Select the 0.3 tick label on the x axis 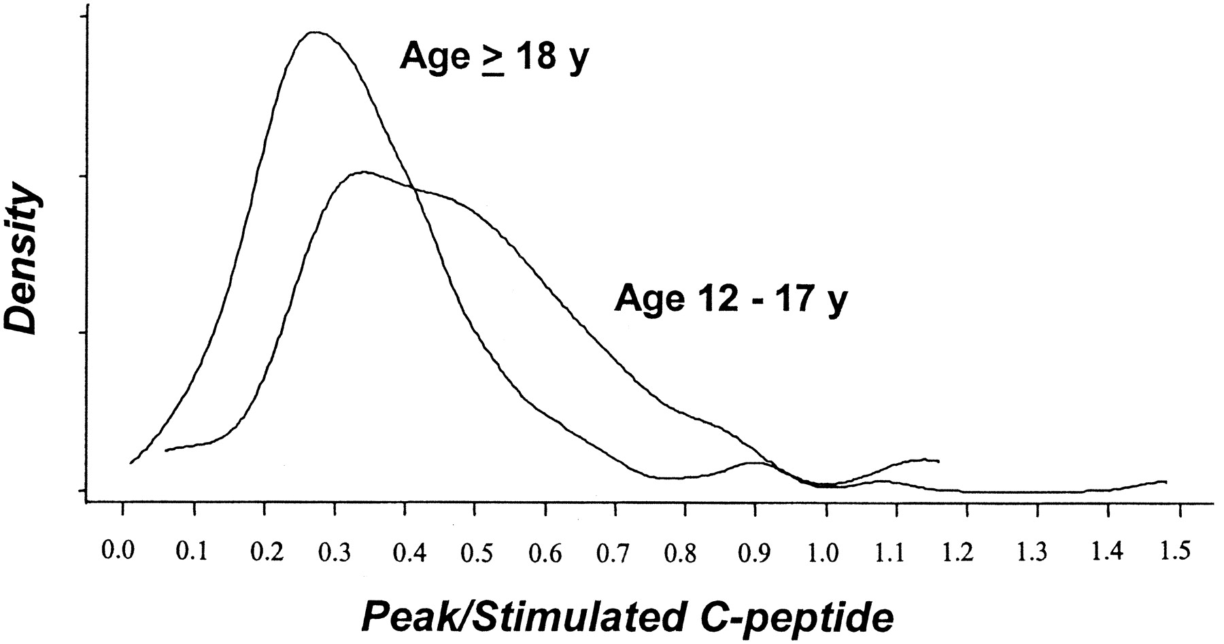[x=335, y=552]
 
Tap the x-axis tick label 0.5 [x=475, y=552]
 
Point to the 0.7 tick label [x=615, y=552]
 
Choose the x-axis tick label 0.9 [x=755, y=552]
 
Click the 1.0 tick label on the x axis [x=825, y=552]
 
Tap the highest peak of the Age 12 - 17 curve [x=364, y=172]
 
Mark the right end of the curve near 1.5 [x=1166, y=481]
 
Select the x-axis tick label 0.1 [x=194, y=552]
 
